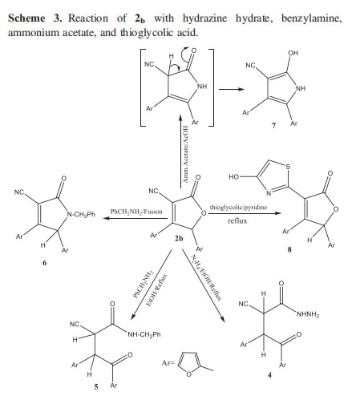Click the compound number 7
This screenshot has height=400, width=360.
point(273,126)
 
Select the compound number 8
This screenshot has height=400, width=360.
point(289,249)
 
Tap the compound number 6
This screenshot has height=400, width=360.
point(44,263)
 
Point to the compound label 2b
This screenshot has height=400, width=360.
point(179,238)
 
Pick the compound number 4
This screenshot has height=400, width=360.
point(269,375)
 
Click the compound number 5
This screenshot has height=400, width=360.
point(96,386)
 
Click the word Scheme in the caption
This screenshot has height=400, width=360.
point(26,18)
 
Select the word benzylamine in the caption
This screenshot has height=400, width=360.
point(311,18)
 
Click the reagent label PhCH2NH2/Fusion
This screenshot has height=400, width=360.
point(136,212)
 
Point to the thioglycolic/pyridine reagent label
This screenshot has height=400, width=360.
point(238,207)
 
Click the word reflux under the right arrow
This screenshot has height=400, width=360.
point(237,220)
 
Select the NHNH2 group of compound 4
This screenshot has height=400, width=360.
point(308,314)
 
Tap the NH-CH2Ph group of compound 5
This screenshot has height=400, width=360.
point(144,334)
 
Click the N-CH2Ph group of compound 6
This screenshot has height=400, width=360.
point(81,214)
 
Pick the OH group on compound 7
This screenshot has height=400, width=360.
point(293,53)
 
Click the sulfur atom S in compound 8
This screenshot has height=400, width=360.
point(288,167)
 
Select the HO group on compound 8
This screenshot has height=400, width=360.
point(234,176)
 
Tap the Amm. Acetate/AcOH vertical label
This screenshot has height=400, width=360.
point(186,154)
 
